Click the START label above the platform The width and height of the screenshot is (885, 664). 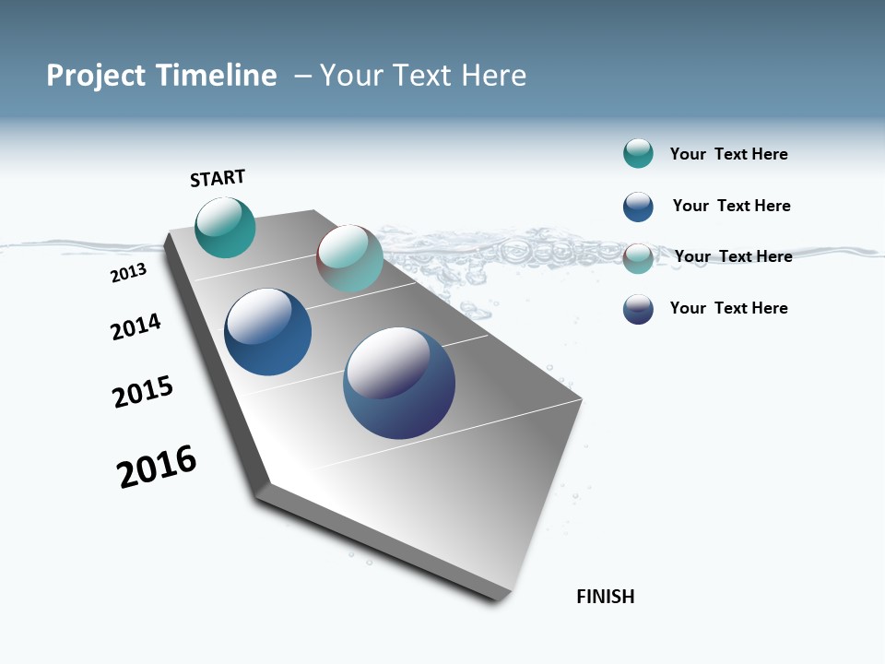tap(218, 178)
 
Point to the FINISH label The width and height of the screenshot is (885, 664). tap(605, 597)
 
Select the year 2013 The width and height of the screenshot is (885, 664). tap(128, 273)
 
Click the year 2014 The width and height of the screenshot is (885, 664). tap(136, 326)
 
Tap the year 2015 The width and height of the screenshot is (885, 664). tap(143, 392)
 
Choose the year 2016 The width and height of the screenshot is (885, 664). tap(157, 467)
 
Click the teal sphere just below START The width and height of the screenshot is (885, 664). tap(225, 227)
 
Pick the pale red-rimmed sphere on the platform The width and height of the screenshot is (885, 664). tap(349, 258)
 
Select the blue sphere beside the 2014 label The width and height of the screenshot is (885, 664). tap(267, 332)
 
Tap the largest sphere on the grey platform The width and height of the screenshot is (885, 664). tap(399, 383)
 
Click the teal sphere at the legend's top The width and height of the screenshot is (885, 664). tap(638, 154)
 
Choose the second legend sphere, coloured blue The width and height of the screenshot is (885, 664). tap(638, 207)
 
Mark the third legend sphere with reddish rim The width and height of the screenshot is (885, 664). tap(638, 258)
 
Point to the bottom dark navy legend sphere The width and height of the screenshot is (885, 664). tap(638, 309)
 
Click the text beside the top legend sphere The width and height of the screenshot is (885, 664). tap(728, 155)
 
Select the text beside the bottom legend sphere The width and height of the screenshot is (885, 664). tap(728, 308)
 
